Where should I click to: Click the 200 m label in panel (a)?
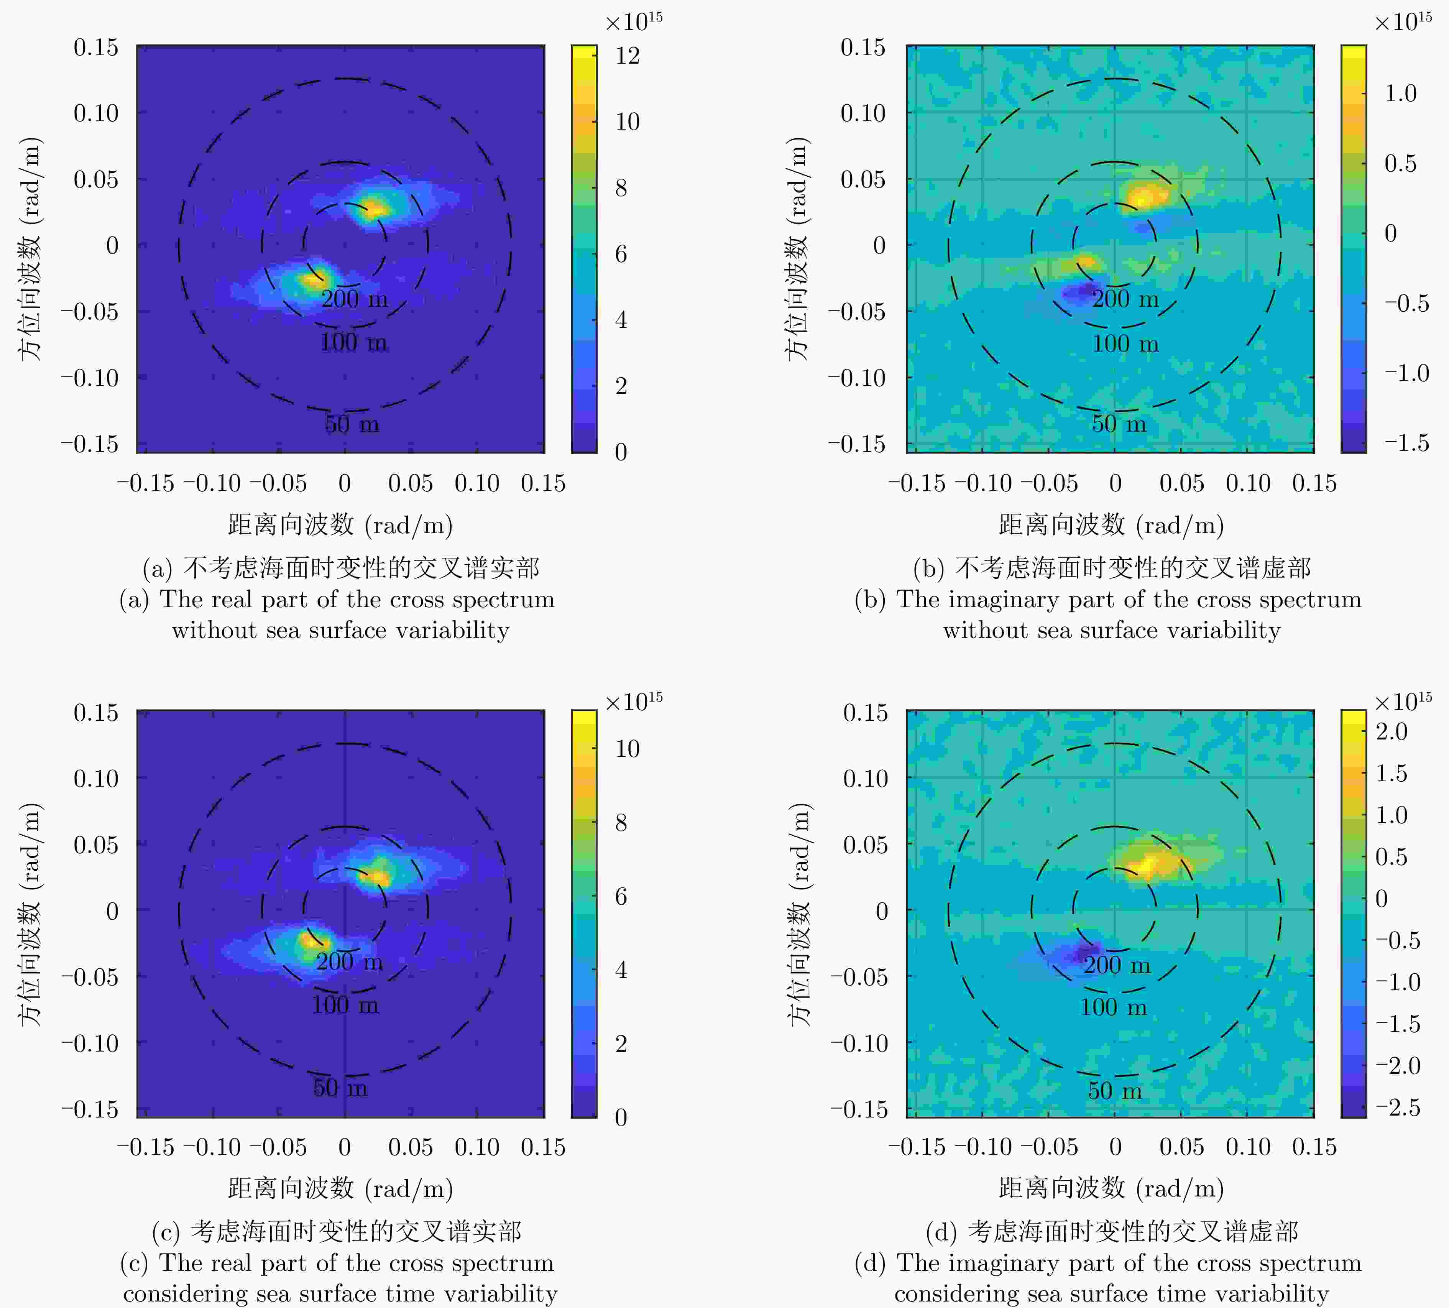pos(354,298)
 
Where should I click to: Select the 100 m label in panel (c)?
pos(345,1005)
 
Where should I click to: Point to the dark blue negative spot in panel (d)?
pos(1085,954)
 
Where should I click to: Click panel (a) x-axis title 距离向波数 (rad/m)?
pos(340,525)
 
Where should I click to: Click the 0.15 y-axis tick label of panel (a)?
pos(95,48)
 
